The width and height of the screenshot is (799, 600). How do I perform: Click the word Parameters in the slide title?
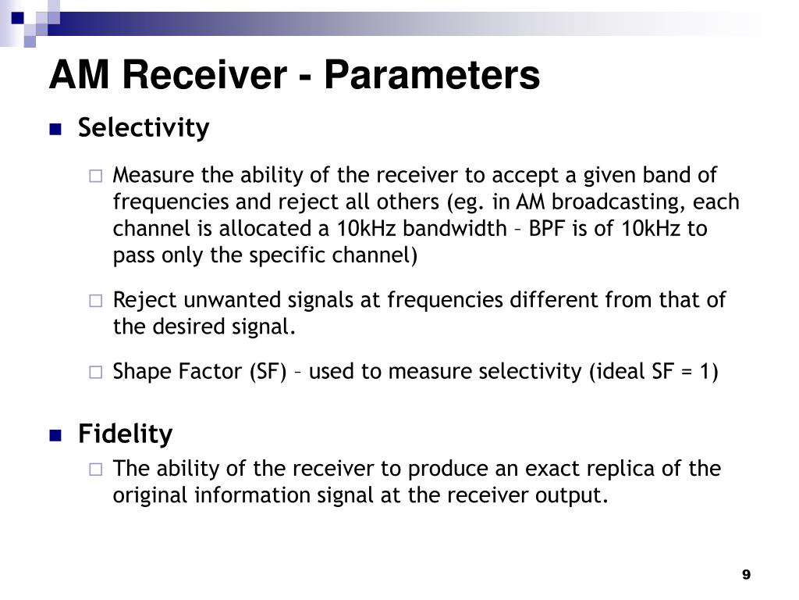pyautogui.click(x=431, y=76)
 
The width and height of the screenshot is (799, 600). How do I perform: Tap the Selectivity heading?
pyautogui.click(x=144, y=127)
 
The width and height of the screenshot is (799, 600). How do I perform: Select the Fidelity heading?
pyautogui.click(x=125, y=434)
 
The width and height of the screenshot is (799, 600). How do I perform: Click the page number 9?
pyautogui.click(x=746, y=575)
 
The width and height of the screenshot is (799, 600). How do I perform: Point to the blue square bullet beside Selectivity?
pyautogui.click(x=55, y=130)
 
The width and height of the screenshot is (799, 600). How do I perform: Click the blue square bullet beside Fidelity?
pyautogui.click(x=55, y=436)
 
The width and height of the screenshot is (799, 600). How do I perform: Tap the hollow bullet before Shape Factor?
pyautogui.click(x=95, y=373)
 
